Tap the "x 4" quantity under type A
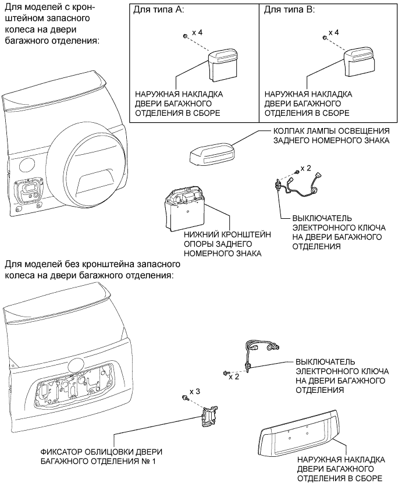pos(196,34)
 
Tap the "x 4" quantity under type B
pos(335,34)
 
